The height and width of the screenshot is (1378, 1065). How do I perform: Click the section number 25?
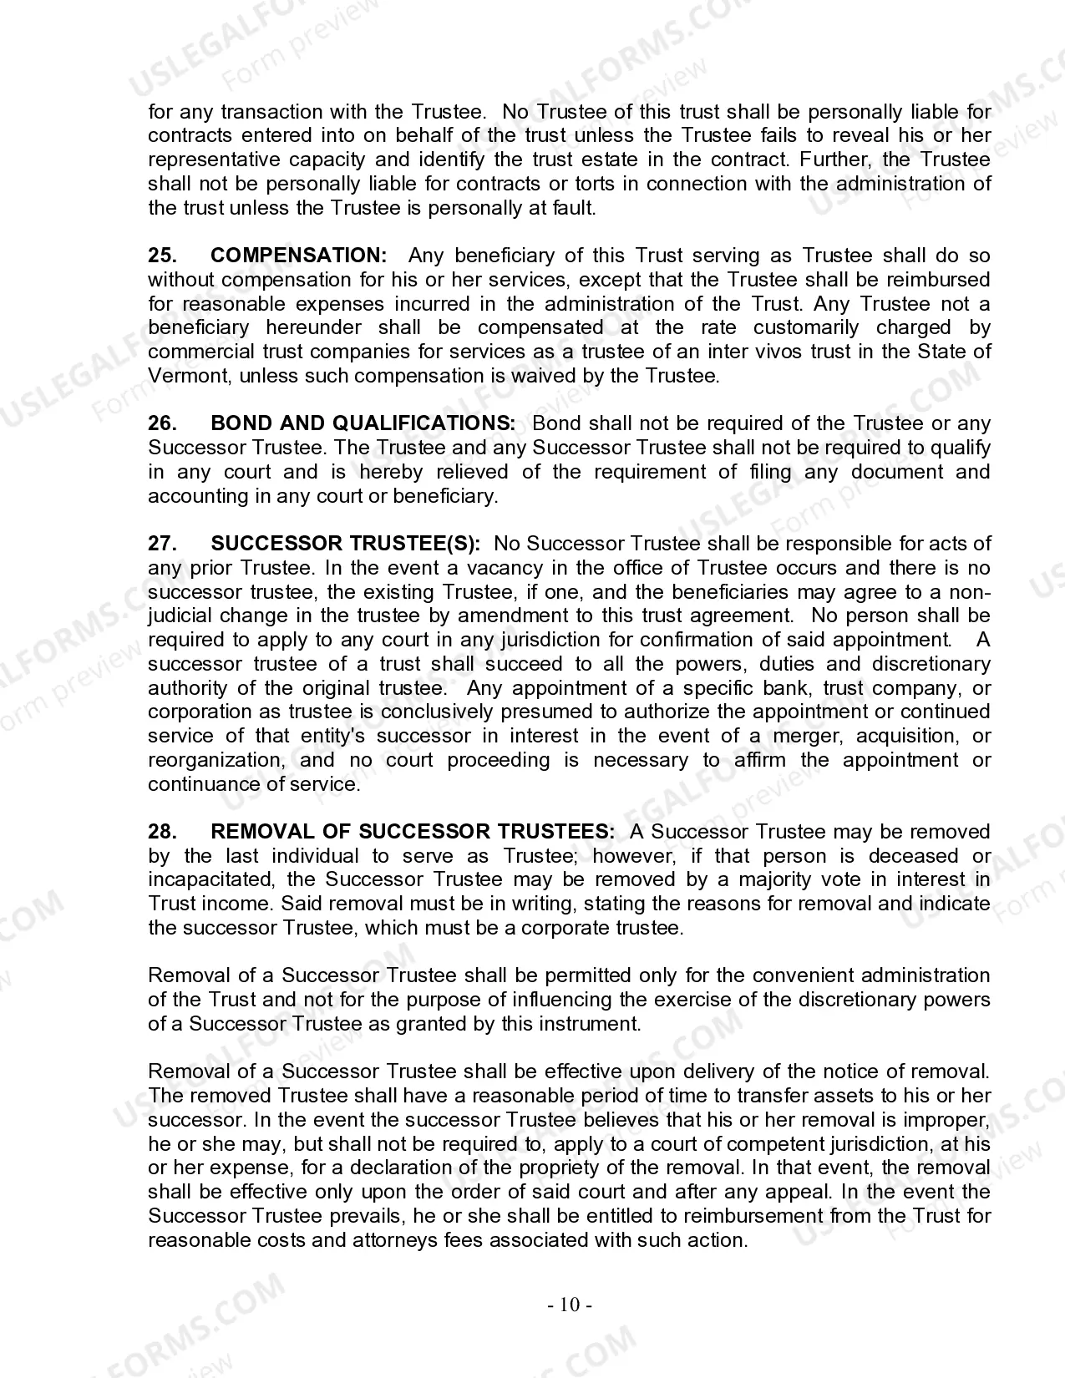[162, 256]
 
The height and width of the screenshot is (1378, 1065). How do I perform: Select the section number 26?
[162, 423]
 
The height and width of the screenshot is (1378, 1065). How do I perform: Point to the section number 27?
[162, 544]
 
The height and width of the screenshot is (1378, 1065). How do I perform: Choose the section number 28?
[162, 832]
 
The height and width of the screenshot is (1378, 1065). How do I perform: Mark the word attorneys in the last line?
[388, 1240]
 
